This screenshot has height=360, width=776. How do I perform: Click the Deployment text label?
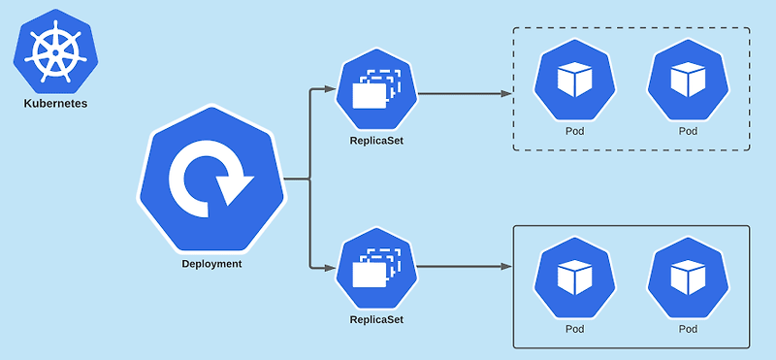click(x=211, y=263)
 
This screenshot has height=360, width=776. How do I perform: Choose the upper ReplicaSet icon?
click(x=376, y=93)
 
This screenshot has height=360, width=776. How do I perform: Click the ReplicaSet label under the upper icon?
click(x=376, y=141)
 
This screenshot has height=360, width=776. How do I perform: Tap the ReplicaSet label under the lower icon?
click(x=376, y=318)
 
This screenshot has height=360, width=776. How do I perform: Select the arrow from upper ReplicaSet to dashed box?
click(x=461, y=94)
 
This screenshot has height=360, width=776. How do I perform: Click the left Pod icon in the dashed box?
click(x=574, y=82)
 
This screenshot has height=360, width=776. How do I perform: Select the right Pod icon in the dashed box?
click(x=688, y=82)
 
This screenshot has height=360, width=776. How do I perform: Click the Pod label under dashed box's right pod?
click(x=688, y=131)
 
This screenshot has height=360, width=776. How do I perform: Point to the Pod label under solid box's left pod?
click(x=574, y=329)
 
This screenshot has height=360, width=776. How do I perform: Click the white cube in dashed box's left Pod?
click(x=574, y=81)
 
